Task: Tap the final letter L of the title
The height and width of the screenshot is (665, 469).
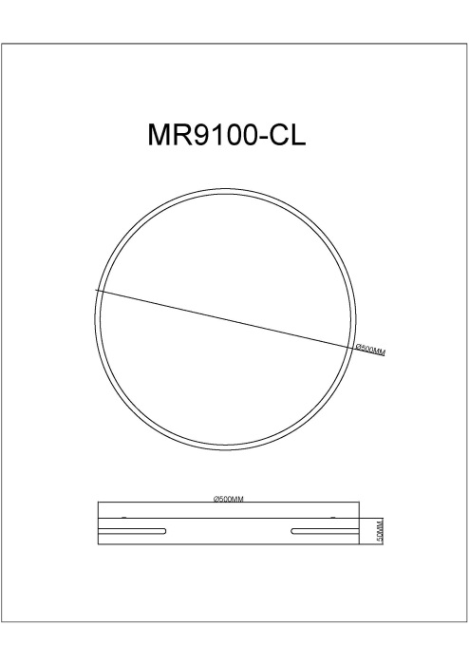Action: pos(298,135)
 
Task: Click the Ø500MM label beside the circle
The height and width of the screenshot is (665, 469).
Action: pos(370,351)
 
